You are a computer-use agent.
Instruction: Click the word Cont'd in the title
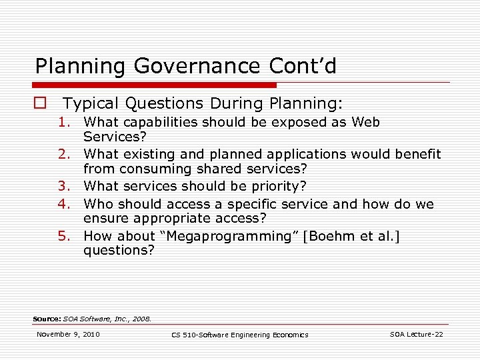click(303, 66)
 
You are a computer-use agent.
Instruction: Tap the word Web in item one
click(366, 122)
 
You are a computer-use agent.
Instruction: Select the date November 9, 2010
click(68, 334)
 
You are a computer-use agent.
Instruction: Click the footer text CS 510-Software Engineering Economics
click(240, 335)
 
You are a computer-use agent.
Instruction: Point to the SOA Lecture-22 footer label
click(416, 334)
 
